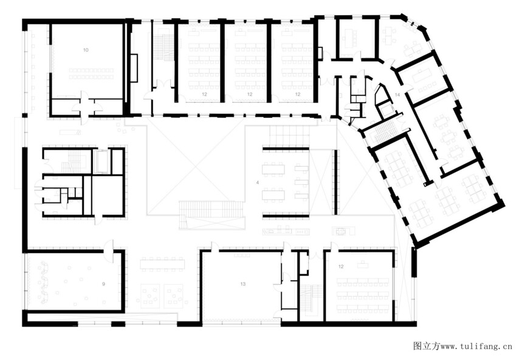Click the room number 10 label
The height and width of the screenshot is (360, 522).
[x=86, y=50]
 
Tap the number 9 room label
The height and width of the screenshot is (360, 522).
[x=103, y=284]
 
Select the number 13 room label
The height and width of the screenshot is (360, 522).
[x=243, y=284]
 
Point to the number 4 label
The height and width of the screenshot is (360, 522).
[x=258, y=183]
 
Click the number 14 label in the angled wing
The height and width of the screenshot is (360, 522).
[x=397, y=95]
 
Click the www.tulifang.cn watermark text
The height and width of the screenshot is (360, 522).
[x=476, y=347]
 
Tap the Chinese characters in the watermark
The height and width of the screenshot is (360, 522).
[x=427, y=347]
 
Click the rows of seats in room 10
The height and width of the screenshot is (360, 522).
[x=91, y=74]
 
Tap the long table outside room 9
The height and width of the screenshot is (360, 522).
[x=162, y=265]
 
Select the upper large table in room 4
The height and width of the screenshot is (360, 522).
[x=273, y=169]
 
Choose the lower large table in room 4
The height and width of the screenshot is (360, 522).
[x=273, y=195]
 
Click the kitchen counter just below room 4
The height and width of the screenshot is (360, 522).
[x=286, y=232]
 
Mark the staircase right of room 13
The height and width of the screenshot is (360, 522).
[x=311, y=300]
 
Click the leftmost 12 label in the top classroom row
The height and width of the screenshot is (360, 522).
[x=204, y=95]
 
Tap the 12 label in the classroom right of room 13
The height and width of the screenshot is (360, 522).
[x=341, y=266]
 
